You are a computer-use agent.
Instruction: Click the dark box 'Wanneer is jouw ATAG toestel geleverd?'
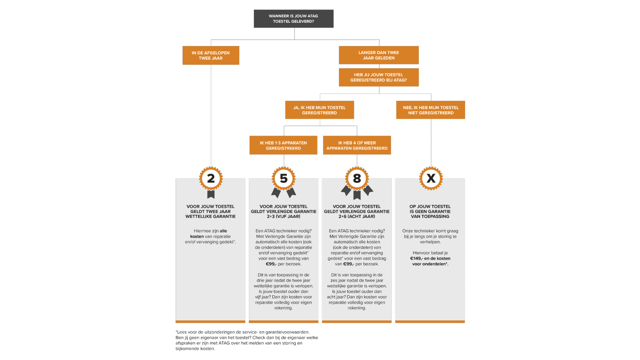(x=294, y=18)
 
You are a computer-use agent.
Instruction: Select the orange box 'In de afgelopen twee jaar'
(x=211, y=56)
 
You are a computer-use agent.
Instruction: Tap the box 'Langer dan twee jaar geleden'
(x=378, y=55)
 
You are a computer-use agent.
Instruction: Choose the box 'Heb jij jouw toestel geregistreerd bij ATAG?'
(x=378, y=77)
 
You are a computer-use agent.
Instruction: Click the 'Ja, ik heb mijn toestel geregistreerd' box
(x=320, y=110)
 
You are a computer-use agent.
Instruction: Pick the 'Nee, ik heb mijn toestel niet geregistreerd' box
(x=430, y=110)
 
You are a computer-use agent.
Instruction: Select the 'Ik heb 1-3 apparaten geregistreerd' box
(x=283, y=145)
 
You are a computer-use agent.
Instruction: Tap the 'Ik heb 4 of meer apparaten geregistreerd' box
(x=357, y=145)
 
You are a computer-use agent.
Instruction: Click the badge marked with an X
(x=431, y=178)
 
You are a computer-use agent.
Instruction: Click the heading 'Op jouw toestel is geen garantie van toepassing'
(x=430, y=212)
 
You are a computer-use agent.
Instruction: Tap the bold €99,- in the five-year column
(x=271, y=264)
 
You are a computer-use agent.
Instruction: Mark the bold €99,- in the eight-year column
(x=348, y=264)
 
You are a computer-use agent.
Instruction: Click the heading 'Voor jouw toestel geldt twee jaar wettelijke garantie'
(x=210, y=212)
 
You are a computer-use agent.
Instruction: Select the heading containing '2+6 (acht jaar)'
(x=357, y=212)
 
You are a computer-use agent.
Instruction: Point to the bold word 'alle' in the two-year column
(x=223, y=231)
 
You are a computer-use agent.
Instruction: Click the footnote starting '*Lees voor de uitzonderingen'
(x=247, y=340)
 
